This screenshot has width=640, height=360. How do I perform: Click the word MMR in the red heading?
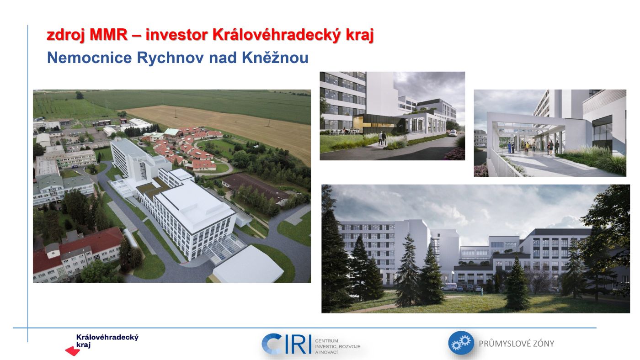(x=108, y=35)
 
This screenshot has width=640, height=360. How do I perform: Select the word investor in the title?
(x=176, y=35)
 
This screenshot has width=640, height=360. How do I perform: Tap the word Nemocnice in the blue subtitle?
(x=90, y=58)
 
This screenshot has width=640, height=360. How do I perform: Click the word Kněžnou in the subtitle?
(x=275, y=57)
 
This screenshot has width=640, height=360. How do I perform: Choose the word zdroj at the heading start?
(x=66, y=35)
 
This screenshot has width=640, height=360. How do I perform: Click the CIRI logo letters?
(x=286, y=344)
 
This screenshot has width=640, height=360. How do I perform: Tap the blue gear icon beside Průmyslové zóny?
(x=461, y=343)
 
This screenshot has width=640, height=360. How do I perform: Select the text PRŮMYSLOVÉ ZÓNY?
(x=516, y=344)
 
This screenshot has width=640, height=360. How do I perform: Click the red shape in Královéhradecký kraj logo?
(x=73, y=351)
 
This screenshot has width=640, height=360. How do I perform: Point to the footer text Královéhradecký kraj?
(x=107, y=341)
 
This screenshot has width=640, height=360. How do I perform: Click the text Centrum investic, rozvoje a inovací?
(x=337, y=346)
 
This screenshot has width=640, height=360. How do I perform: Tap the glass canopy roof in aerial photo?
(x=224, y=249)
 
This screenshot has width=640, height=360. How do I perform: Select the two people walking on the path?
(x=383, y=138)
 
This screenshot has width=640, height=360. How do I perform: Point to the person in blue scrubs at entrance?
(x=509, y=147)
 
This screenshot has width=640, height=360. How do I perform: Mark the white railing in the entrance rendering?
(x=503, y=163)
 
